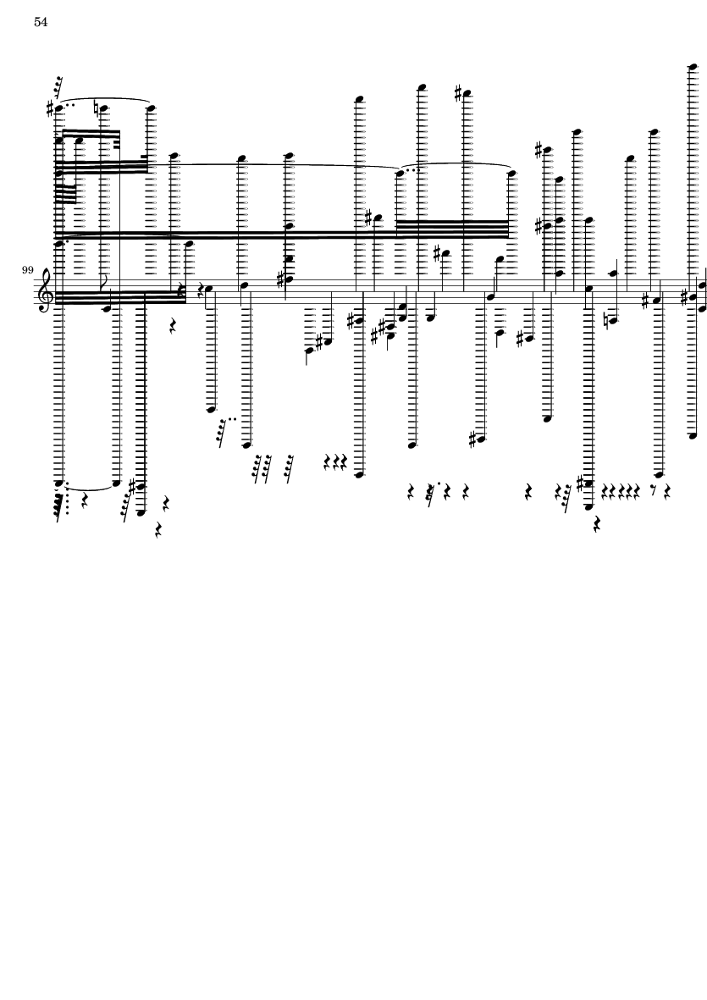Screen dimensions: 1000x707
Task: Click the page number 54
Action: (x=41, y=23)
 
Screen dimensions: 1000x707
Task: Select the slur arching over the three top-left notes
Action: (x=103, y=100)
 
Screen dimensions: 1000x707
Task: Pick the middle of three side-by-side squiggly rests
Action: (x=336, y=462)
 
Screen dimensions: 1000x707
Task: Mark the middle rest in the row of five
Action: (x=620, y=490)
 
